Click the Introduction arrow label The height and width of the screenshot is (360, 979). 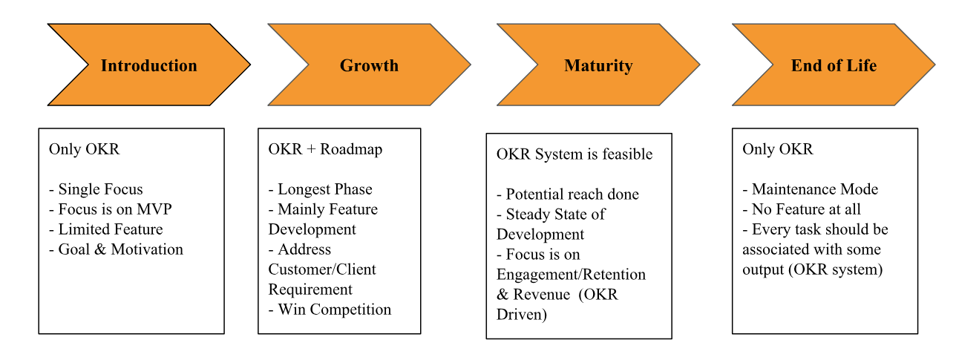click(148, 65)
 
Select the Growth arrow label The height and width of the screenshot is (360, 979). click(369, 65)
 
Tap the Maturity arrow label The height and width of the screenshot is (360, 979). click(598, 65)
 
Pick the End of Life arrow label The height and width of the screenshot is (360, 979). click(834, 65)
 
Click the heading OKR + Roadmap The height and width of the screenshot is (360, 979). click(325, 149)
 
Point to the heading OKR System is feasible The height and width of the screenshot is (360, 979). click(574, 154)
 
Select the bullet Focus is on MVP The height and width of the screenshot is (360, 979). click(110, 209)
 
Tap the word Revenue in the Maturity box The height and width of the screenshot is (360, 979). click(546, 295)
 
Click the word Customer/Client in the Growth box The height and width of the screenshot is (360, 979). click(322, 269)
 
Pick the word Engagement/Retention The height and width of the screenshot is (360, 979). click(571, 275)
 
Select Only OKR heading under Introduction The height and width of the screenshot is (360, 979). click(84, 149)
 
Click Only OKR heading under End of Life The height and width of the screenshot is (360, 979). click(777, 149)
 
